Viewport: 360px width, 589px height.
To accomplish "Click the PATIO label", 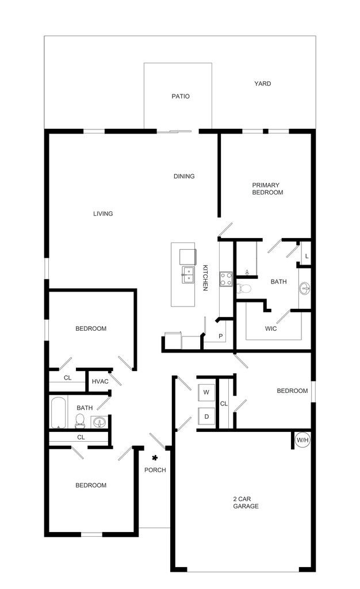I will click(x=181, y=97).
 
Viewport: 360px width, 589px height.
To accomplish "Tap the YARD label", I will click(x=263, y=84).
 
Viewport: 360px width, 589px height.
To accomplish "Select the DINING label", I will click(x=185, y=176).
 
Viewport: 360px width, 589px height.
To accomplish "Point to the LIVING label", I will click(x=104, y=213).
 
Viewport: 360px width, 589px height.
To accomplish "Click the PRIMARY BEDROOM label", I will click(x=268, y=189).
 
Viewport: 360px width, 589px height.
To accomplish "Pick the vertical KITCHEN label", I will click(x=205, y=278).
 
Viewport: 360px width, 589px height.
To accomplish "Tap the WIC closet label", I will click(x=271, y=329).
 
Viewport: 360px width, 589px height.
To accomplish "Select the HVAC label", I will click(x=101, y=380).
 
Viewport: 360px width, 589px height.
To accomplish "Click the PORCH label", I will click(x=155, y=470).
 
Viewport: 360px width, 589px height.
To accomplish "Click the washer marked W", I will click(x=206, y=393).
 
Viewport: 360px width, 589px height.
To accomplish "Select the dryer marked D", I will click(x=206, y=415).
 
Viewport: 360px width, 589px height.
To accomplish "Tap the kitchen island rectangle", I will click(x=183, y=275).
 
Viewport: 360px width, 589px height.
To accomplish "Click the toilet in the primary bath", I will click(x=246, y=288).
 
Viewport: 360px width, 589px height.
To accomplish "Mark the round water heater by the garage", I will click(x=302, y=441).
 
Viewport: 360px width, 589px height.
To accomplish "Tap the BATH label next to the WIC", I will click(x=279, y=282).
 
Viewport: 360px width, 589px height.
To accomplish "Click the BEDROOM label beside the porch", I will click(x=90, y=485).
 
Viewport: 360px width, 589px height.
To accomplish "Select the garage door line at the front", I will click(x=243, y=571).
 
